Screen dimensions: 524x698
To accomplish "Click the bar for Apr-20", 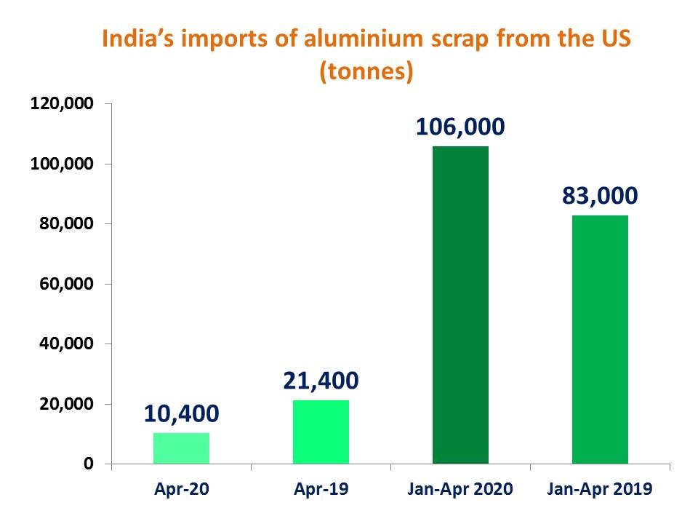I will [181, 448].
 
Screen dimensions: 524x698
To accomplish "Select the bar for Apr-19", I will [321, 432].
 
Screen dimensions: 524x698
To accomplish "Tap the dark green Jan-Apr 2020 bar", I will [460, 305].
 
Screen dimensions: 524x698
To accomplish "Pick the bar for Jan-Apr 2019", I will [600, 339].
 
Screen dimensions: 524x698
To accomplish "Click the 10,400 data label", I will [181, 414].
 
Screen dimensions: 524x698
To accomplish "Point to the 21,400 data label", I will [321, 381].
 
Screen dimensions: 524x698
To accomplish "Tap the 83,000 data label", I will [600, 196].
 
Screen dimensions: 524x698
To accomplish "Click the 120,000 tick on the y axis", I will [61, 103].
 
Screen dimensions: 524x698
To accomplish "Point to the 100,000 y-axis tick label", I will [61, 164].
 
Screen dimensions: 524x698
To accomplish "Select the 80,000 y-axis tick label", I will [65, 223].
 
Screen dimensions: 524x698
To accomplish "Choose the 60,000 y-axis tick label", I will [65, 284].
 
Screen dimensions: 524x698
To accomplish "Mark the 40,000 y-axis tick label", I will [65, 344].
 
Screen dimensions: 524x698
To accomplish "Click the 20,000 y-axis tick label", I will [65, 404].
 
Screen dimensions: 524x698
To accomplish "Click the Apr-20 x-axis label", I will [181, 490].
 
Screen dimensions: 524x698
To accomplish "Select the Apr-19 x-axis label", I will [321, 490].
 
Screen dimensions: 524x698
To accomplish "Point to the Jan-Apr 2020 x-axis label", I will [460, 490].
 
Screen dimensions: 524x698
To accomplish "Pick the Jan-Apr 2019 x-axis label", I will [600, 490].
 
